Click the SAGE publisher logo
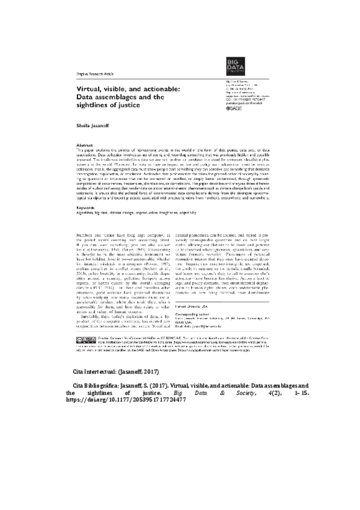pos(233,109)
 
